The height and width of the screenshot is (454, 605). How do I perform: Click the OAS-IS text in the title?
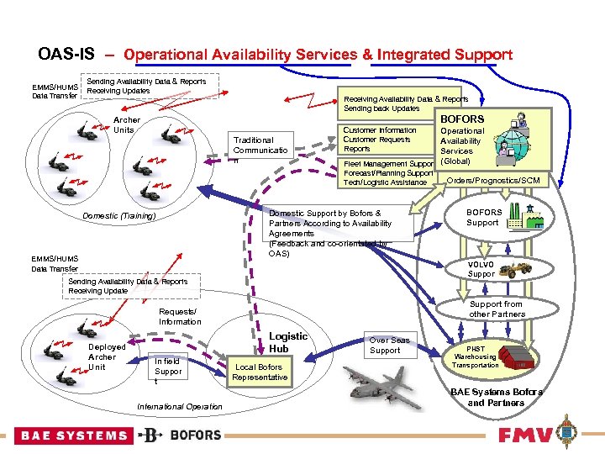coord(66,55)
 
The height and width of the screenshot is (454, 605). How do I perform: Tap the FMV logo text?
coord(524,435)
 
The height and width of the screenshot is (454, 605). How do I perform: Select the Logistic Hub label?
coord(288,342)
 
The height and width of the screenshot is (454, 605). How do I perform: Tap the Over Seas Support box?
coord(390,346)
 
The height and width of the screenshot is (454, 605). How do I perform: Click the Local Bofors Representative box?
coord(260,372)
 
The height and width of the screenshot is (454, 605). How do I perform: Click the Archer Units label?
coord(126,125)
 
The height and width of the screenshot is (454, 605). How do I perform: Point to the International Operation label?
coord(179,407)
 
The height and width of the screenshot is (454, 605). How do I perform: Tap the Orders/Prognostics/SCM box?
coord(493,181)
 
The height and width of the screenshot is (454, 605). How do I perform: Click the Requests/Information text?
coord(180,316)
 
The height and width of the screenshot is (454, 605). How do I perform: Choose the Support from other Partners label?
coord(496,309)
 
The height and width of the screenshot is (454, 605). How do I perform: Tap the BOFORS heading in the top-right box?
coord(462,119)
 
